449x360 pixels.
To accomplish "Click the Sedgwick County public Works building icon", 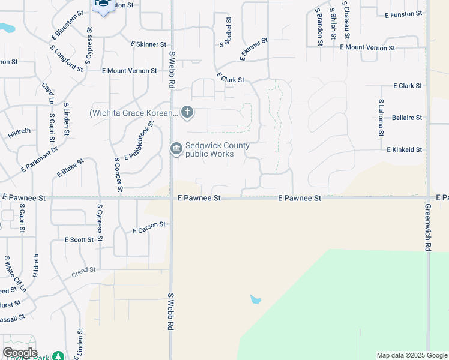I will click(x=176, y=149).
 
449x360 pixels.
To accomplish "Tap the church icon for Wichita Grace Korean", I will click(x=187, y=112).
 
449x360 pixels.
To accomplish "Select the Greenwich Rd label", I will click(x=428, y=229).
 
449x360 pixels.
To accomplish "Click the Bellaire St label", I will click(x=406, y=118).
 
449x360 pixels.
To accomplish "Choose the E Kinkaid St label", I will click(x=404, y=149).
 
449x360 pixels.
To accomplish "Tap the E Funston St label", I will click(x=405, y=14).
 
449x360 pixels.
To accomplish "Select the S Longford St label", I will click(x=67, y=58).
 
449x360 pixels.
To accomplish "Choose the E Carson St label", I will click(x=149, y=227).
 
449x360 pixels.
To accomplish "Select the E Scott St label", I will click(x=79, y=240).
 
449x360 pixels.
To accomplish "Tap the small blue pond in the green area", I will click(x=255, y=299).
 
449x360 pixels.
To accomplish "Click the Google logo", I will click(x=20, y=353).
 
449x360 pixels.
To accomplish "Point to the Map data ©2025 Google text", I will click(x=411, y=355).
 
